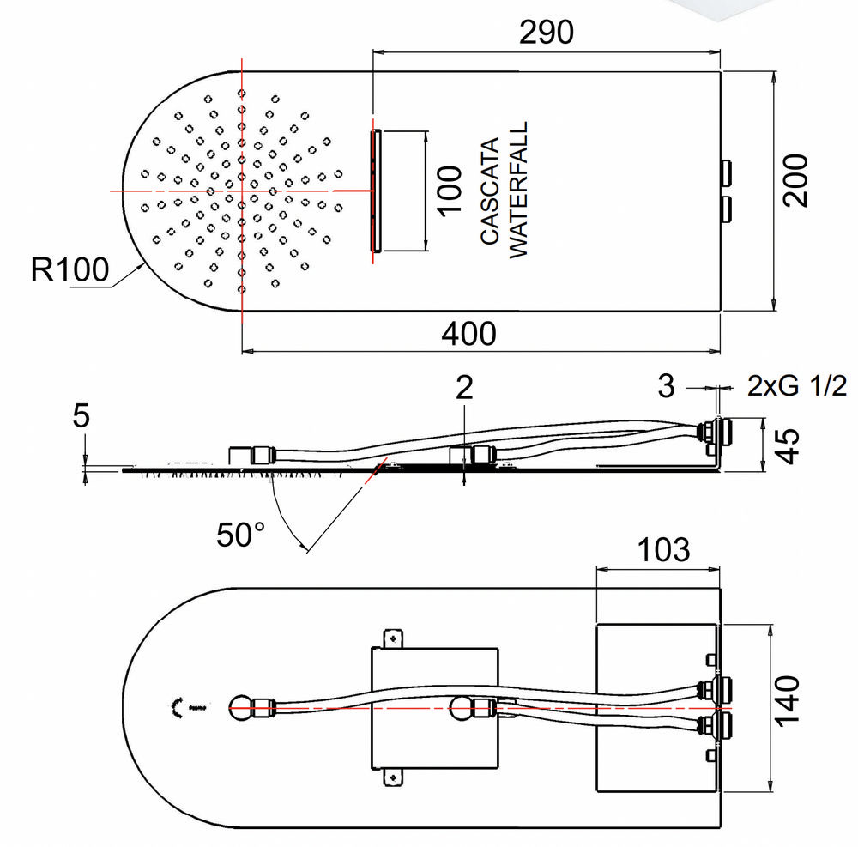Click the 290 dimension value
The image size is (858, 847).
pyautogui.click(x=547, y=32)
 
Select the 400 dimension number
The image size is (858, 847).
pyautogui.click(x=468, y=333)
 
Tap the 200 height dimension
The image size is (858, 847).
pyautogui.click(x=797, y=179)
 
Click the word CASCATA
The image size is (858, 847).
pyautogui.click(x=489, y=191)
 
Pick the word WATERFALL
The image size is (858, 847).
pyautogui.click(x=518, y=190)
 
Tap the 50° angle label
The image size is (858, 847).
pyautogui.click(x=240, y=535)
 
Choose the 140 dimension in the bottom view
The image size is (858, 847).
pyautogui.click(x=787, y=700)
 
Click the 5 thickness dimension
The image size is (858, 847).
pyautogui.click(x=82, y=417)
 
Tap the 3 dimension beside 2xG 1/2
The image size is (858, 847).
pyautogui.click(x=667, y=386)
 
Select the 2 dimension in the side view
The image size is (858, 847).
pyautogui.click(x=464, y=389)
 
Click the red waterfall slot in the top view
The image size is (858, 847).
pyautogui.click(x=375, y=190)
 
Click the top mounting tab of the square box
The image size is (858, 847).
pyautogui.click(x=394, y=638)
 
